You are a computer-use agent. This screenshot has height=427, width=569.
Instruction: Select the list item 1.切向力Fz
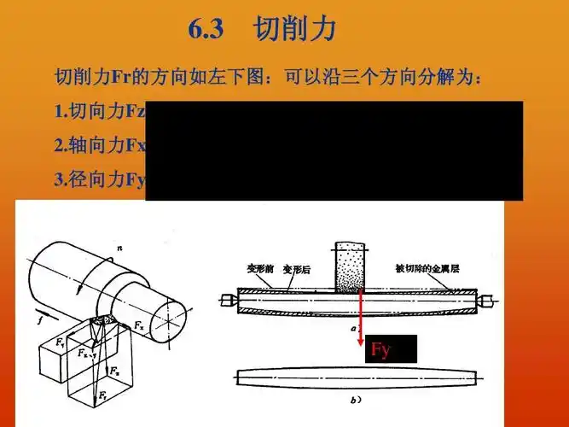pyautogui.click(x=100, y=111)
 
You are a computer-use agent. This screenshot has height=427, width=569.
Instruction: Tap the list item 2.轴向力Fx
pyautogui.click(x=100, y=145)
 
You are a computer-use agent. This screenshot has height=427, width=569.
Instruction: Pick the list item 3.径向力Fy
pyautogui.click(x=100, y=179)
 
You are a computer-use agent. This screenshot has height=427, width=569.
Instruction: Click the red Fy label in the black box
pyautogui.click(x=380, y=350)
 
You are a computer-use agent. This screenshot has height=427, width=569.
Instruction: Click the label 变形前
pyautogui.click(x=260, y=267)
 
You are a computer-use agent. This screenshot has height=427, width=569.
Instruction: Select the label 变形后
pyautogui.click(x=298, y=267)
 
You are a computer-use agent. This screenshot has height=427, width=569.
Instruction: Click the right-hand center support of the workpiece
pyautogui.click(x=484, y=301)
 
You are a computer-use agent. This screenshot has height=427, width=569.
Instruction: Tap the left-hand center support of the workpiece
pyautogui.click(x=229, y=301)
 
